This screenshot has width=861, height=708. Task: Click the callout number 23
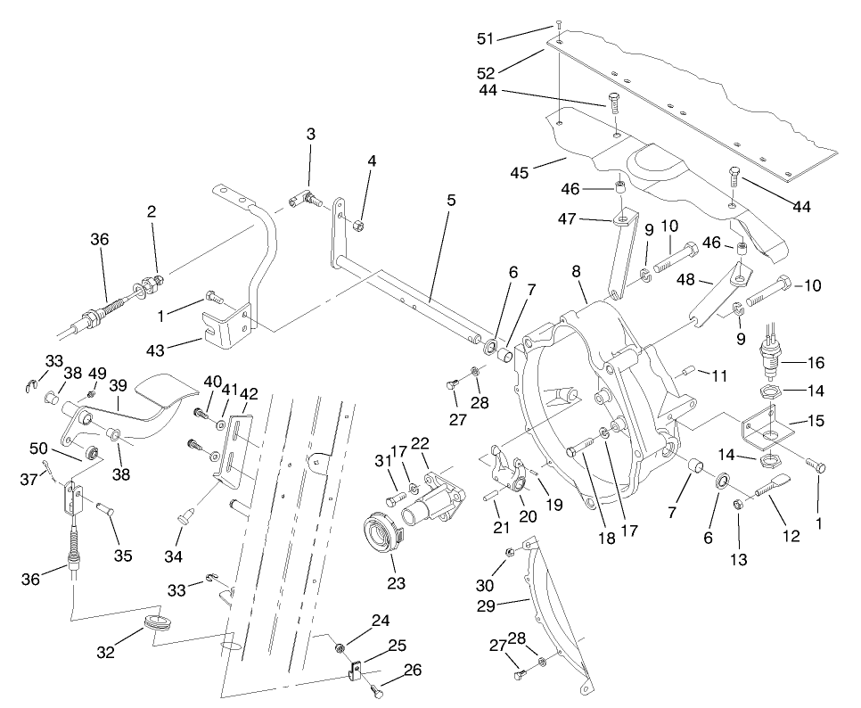point(395,583)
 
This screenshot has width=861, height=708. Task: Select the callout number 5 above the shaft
point(451,200)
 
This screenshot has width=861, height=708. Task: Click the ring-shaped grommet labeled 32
point(156,622)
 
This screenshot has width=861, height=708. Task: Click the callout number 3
point(310,134)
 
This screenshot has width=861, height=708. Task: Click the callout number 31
point(383,461)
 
